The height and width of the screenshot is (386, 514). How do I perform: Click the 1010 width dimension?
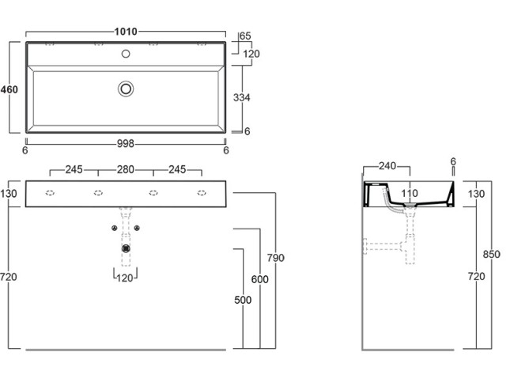[125, 32]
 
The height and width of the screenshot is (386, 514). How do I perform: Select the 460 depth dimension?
[9, 89]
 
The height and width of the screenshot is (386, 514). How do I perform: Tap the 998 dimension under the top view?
[125, 144]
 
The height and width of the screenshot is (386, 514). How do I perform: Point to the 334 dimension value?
[243, 97]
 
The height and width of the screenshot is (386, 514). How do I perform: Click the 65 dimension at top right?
[245, 36]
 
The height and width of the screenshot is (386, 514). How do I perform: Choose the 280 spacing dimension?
[126, 169]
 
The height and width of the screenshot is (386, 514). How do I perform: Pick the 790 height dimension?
[275, 258]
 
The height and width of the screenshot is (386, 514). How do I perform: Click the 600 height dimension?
[259, 279]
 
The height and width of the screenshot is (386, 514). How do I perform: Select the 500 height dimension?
[242, 300]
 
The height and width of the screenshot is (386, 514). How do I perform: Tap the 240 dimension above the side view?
[387, 166]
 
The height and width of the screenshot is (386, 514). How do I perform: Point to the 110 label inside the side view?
[409, 194]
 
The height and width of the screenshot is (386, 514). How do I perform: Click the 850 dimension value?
[492, 255]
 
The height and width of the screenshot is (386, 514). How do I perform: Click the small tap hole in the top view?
[125, 55]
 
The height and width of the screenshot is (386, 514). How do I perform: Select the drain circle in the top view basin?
[126, 89]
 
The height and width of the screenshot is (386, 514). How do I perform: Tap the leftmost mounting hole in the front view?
[50, 193]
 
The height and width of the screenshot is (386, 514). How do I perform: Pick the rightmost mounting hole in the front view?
[202, 193]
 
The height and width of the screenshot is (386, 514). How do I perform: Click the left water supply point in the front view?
[115, 229]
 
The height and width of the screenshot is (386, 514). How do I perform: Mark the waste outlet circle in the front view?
[126, 248]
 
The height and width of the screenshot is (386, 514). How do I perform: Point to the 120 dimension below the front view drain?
[125, 278]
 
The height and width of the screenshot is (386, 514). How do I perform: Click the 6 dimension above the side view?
[453, 161]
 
